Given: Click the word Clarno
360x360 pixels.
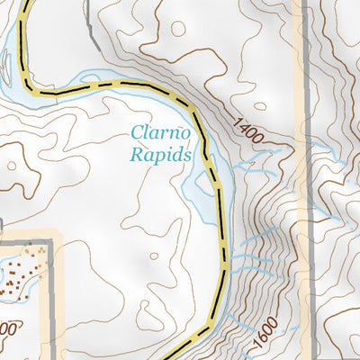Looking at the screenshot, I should (159, 132).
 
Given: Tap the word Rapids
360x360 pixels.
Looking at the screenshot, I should (161, 154).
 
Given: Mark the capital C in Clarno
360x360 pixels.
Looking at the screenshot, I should (137, 132).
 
